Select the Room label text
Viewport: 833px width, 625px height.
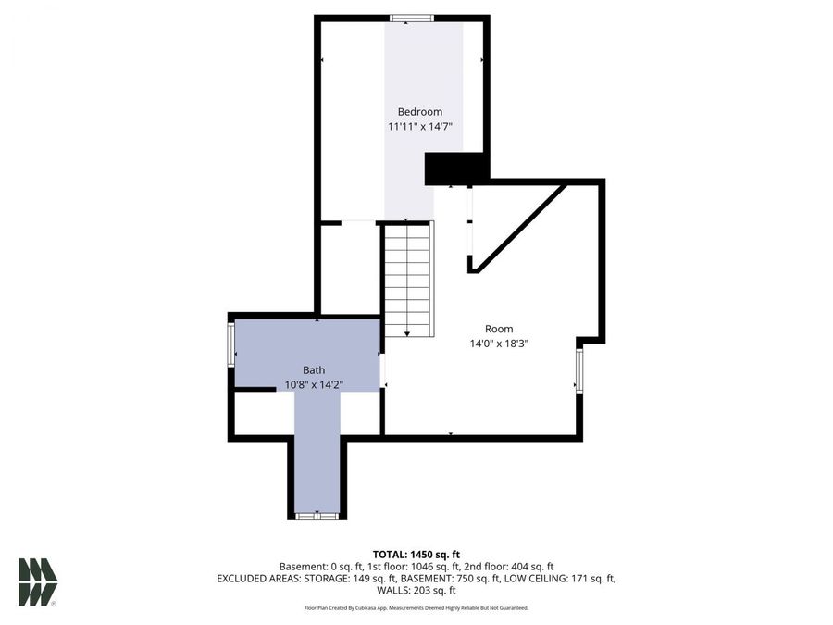(499, 329)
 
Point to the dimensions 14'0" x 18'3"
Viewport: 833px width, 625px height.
(499, 344)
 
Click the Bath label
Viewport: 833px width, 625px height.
(314, 369)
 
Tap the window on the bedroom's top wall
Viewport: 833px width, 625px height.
(411, 18)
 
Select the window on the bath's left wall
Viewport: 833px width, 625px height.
(231, 344)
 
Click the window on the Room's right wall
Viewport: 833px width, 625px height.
(579, 370)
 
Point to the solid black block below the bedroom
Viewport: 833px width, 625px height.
(455, 169)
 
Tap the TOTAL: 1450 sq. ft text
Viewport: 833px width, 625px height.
(416, 553)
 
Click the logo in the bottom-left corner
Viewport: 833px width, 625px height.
(38, 582)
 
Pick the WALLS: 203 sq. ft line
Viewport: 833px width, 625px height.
(416, 590)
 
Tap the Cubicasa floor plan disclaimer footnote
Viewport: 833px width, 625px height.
(416, 608)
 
